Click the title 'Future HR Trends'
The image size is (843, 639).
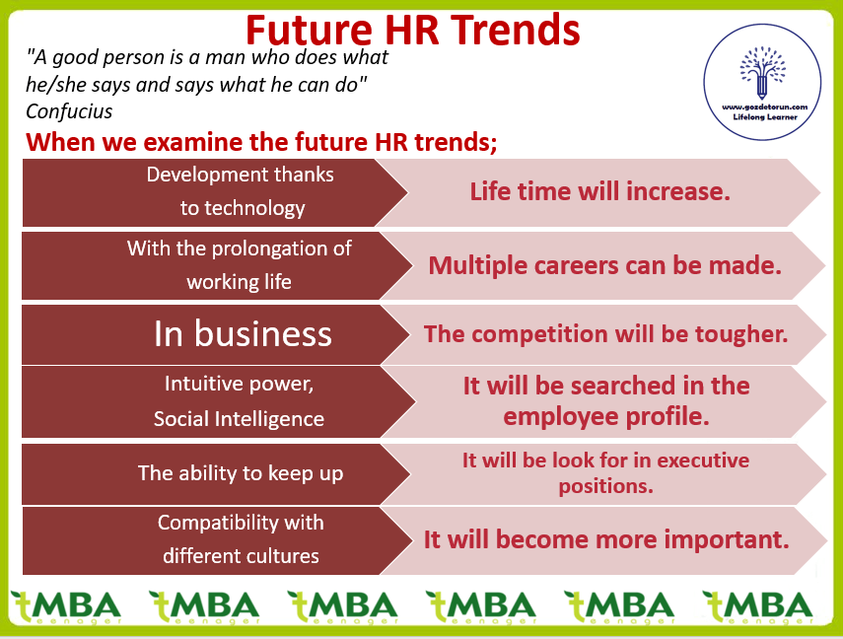(413, 31)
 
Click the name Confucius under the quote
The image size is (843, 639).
(69, 111)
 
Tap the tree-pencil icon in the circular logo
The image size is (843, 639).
(762, 73)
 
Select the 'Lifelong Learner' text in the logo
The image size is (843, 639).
(764, 116)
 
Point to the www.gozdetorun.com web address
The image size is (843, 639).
(764, 107)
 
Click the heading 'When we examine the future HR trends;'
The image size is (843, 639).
(261, 142)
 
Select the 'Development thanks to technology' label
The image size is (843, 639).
(241, 191)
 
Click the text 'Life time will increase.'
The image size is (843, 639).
(600, 191)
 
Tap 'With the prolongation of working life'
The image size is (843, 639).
(240, 265)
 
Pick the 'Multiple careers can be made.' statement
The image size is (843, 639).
(604, 265)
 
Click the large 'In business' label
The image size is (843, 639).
(243, 334)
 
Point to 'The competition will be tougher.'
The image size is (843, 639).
(606, 334)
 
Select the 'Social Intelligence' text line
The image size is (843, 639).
(239, 419)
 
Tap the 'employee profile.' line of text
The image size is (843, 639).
(606, 416)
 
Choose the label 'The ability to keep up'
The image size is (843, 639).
(241, 473)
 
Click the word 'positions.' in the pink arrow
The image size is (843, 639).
(606, 486)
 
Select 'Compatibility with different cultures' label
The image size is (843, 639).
(241, 539)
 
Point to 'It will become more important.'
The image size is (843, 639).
(606, 539)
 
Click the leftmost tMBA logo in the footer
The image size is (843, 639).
(66, 607)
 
